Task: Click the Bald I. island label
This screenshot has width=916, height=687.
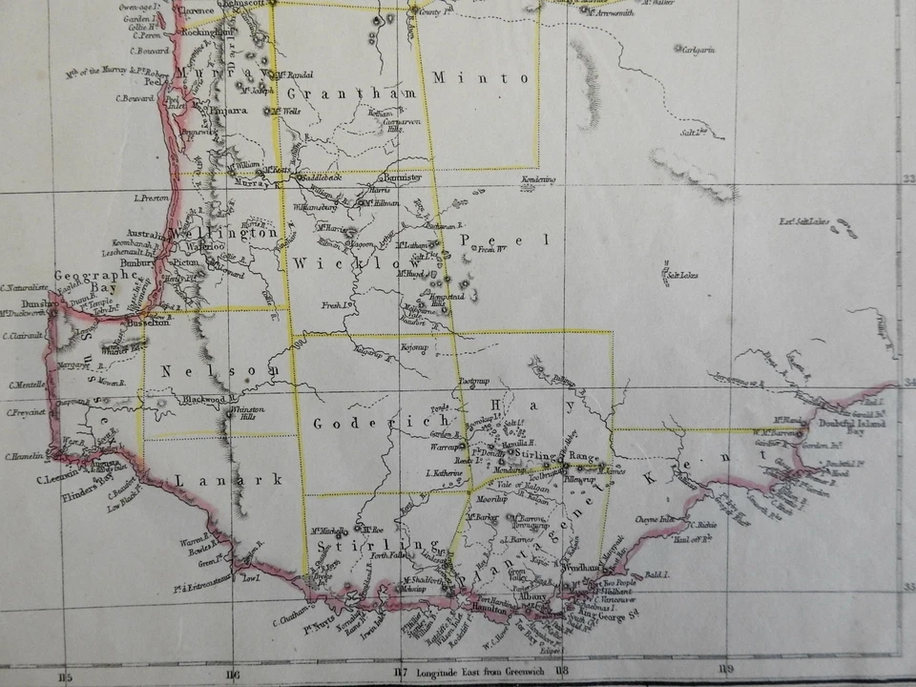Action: pos(657,575)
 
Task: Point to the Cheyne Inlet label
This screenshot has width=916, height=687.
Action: pos(656,520)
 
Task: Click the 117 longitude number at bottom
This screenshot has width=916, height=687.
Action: pos(401,674)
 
